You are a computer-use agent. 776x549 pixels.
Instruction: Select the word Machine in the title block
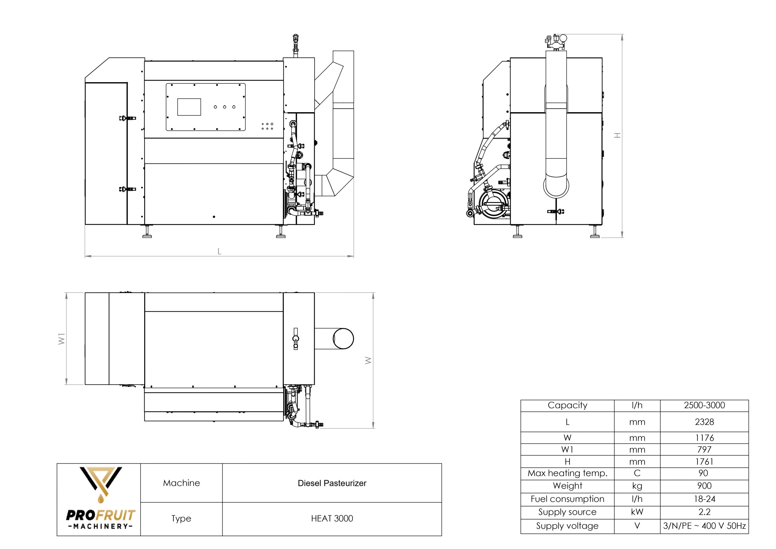click(181, 483)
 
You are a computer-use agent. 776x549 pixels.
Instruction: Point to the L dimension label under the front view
click(219, 251)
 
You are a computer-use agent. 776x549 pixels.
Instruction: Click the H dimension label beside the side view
click(617, 135)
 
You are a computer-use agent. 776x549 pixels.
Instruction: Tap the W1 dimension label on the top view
click(62, 338)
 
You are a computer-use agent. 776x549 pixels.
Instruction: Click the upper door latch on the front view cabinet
click(127, 118)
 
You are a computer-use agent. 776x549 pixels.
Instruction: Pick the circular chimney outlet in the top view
click(343, 338)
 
